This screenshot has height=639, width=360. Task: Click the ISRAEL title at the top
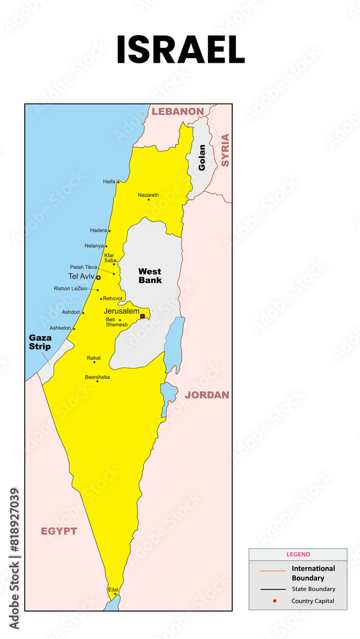(x=180, y=50)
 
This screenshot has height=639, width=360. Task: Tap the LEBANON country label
(x=178, y=111)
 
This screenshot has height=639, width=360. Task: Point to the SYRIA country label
(x=224, y=150)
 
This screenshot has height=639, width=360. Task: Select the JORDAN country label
(x=207, y=395)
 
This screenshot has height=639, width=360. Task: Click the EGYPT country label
(x=59, y=531)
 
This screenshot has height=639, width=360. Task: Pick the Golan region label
(x=202, y=158)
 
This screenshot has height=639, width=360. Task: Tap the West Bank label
(x=150, y=275)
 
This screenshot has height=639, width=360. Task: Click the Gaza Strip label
(x=40, y=342)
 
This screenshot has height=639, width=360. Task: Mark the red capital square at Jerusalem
(x=143, y=315)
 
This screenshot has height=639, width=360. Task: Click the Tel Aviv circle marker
(x=98, y=277)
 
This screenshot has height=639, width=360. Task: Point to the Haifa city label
(x=109, y=181)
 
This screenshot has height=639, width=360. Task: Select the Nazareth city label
(x=148, y=195)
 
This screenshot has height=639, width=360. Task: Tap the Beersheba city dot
(x=97, y=381)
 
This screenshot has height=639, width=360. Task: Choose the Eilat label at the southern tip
(x=113, y=590)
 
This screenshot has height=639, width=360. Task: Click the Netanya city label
(x=94, y=245)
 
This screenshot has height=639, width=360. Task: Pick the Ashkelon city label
(x=61, y=328)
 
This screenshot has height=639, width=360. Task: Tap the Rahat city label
(x=94, y=358)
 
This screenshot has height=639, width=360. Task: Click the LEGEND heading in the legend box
(x=298, y=555)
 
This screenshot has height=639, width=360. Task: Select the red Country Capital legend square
(x=274, y=601)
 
